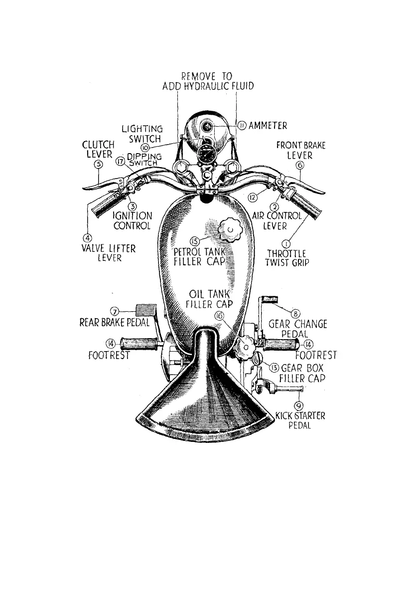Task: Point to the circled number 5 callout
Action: (x=99, y=164)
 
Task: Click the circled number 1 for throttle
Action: (x=286, y=243)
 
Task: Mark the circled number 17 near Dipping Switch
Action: (x=119, y=161)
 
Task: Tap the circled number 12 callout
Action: (x=253, y=198)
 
